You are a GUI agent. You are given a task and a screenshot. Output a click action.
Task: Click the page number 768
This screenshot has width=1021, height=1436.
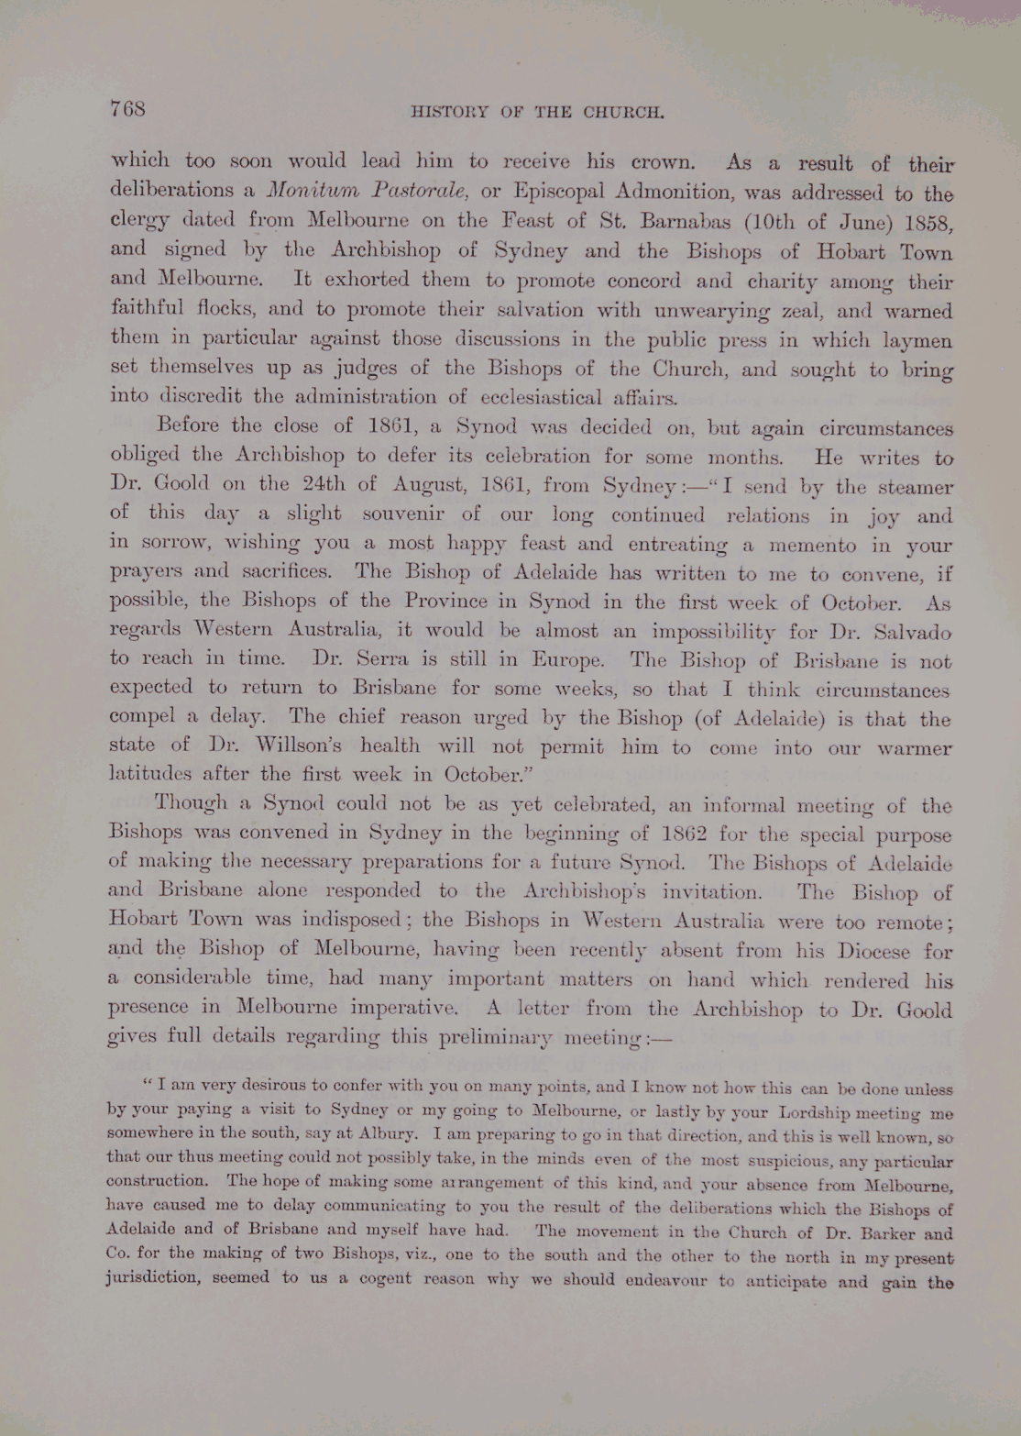pos(127,109)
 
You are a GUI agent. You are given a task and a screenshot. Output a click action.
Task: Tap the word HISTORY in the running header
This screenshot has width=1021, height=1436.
pos(445,114)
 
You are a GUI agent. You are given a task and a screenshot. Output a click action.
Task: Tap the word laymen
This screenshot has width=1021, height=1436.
pos(913,341)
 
